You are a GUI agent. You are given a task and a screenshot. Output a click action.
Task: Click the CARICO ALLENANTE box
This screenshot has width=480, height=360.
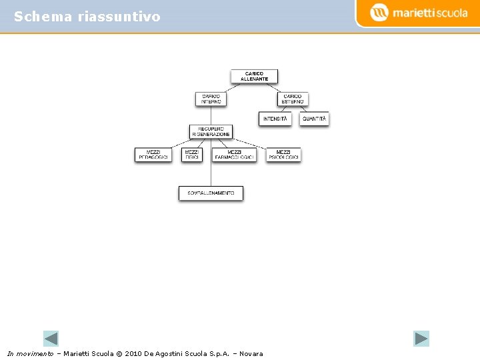coord(254,76)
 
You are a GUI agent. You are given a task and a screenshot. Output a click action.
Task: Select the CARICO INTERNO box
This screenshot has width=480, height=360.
coord(211,99)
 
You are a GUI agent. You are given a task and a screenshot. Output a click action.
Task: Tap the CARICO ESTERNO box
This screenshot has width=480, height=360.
coord(293,99)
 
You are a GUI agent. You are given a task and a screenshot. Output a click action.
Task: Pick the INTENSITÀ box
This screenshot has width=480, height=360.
coord(275,119)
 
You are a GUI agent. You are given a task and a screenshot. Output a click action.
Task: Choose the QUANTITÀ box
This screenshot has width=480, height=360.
coord(314,119)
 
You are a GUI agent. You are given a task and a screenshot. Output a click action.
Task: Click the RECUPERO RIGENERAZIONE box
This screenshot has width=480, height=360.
coord(211,131)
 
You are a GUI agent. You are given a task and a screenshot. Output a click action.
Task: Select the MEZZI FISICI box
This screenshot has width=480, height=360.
coord(192,154)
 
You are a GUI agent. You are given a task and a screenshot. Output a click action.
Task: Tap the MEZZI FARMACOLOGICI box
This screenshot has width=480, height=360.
coord(234,154)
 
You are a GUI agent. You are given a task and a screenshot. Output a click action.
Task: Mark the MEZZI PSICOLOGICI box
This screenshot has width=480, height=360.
coord(283,154)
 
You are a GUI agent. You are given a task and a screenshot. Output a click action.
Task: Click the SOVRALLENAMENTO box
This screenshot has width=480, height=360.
coord(211,193)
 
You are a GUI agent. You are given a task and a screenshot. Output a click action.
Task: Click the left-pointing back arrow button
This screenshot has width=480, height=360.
coord(51,339)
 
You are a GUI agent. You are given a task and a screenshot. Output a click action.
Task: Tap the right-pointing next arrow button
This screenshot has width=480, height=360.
coord(421,339)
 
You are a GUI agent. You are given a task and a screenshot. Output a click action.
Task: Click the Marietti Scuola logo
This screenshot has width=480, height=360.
coord(419,12)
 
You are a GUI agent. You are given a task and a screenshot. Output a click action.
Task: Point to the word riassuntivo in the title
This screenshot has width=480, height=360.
coord(119,17)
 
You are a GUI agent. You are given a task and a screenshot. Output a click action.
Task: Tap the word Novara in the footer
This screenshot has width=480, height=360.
coord(251,353)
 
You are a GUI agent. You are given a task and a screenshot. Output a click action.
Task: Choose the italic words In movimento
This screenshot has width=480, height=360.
coord(30,353)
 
